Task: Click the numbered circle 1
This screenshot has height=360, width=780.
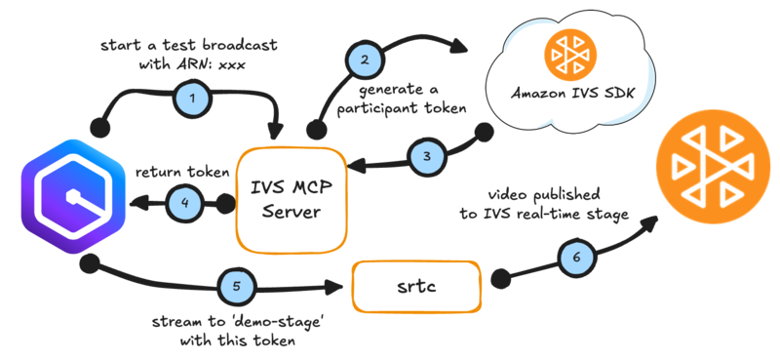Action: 192,98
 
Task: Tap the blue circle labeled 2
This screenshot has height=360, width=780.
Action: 365,60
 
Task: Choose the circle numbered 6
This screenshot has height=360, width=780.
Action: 573,258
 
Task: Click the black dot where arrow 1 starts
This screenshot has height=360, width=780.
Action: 96,129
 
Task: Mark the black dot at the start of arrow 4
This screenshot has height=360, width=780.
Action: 226,204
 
